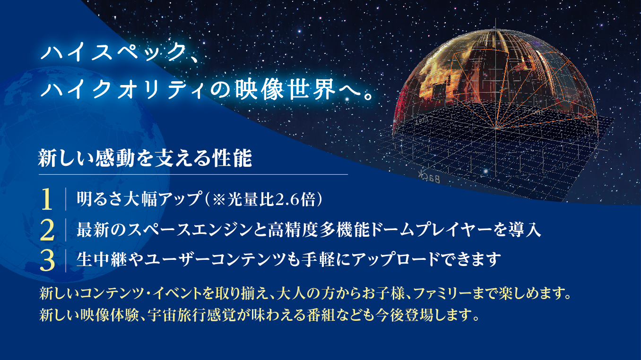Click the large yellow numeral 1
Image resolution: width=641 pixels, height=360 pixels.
(x=47, y=199)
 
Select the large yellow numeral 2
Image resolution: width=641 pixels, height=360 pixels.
(x=47, y=230)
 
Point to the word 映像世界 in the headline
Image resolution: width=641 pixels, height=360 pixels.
(x=286, y=90)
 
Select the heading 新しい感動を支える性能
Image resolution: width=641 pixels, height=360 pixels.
(x=145, y=158)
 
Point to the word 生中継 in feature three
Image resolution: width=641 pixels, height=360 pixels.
(x=102, y=260)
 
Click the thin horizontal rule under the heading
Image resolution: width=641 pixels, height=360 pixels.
(x=193, y=174)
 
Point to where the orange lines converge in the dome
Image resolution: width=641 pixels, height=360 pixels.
(x=495, y=128)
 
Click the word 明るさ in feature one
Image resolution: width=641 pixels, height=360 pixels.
(x=100, y=199)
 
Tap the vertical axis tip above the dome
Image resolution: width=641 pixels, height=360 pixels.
(x=496, y=19)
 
